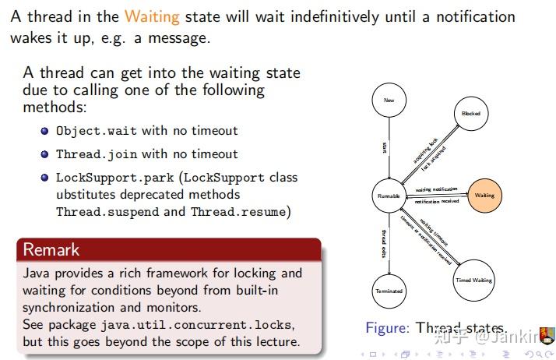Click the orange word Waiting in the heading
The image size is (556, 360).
pos(151,16)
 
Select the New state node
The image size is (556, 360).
pos(389,101)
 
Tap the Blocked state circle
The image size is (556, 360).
pos(471,114)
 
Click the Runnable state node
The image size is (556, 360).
pos(389,196)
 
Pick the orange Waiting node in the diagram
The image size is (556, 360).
pos(484,196)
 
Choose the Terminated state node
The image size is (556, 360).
pos(389,291)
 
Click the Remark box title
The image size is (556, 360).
pos(51,250)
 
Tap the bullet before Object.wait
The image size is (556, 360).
pos(45,131)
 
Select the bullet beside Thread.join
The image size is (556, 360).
pos(45,154)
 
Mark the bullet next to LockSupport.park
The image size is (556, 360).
pos(45,178)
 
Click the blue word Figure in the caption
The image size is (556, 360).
pos(386,328)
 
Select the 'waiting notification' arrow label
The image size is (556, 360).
pos(436,189)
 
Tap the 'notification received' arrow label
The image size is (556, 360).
pos(436,202)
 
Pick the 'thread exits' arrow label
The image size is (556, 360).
pos(384,244)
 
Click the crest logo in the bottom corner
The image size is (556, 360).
pos(547,335)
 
